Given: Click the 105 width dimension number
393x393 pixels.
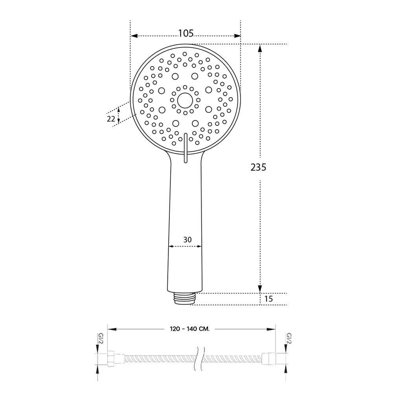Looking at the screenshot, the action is click(x=186, y=33).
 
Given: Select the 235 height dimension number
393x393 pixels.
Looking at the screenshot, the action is click(x=258, y=167).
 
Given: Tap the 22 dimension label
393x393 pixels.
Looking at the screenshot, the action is click(x=111, y=119).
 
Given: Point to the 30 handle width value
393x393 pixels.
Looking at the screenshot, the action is click(x=187, y=240).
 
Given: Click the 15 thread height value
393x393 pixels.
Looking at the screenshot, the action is click(x=268, y=299).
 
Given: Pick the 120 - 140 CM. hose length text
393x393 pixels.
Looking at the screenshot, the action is click(x=189, y=329).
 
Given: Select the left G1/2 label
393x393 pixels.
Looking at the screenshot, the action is click(x=101, y=339).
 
